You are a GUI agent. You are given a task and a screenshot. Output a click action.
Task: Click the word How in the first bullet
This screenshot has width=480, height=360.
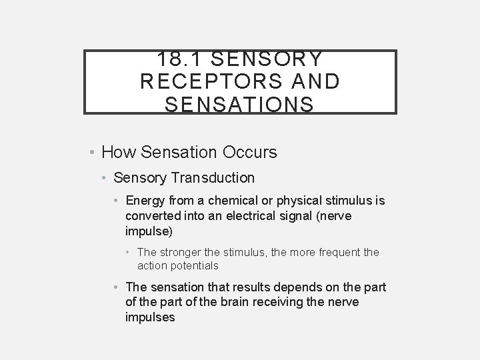(119, 153)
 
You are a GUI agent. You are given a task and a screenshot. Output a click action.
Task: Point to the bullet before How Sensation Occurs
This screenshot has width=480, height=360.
(92, 153)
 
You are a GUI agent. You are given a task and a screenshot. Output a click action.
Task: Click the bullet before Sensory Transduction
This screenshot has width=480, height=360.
(105, 178)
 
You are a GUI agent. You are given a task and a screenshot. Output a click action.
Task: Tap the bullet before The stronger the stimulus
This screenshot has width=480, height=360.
(129, 253)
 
